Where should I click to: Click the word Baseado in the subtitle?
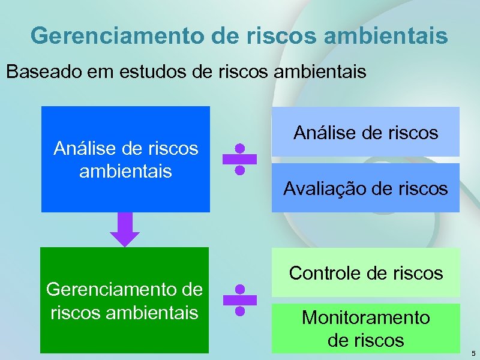[44, 72]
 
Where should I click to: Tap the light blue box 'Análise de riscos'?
[365, 132]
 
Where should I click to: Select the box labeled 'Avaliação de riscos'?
[365, 188]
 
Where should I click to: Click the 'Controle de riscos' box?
[365, 273]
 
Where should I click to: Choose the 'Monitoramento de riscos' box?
[365, 329]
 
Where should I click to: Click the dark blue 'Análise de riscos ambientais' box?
[125, 159]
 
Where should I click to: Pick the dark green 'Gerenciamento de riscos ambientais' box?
[124, 300]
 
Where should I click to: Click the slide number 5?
[473, 353]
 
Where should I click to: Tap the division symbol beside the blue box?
[239, 159]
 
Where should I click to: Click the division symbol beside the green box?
[239, 300]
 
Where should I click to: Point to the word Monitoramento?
[365, 317]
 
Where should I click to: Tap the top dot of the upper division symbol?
[239, 148]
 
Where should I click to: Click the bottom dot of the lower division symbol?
[239, 311]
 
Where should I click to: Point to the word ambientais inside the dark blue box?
[125, 171]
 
